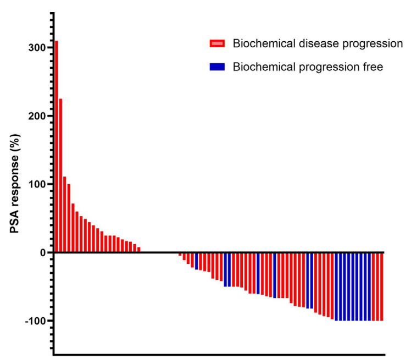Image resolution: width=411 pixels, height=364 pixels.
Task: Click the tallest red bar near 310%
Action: (x=56, y=146)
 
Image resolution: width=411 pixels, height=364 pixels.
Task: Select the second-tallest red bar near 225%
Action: (x=60, y=175)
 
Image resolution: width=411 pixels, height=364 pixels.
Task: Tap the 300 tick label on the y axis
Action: (x=37, y=48)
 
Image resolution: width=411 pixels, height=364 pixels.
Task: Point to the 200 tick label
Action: (x=37, y=116)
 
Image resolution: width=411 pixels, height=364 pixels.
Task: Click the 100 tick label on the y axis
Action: (x=37, y=184)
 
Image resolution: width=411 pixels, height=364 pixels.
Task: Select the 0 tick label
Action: (x=43, y=252)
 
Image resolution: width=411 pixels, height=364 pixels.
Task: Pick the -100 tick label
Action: (x=35, y=321)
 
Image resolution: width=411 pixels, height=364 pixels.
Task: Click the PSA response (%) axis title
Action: (x=15, y=184)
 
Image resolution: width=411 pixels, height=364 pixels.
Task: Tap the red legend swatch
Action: (x=217, y=43)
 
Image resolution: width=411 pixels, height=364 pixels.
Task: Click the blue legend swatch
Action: (x=217, y=67)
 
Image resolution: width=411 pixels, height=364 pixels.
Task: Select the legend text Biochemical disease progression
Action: (x=318, y=43)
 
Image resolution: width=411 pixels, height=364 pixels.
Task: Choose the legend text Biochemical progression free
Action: (x=308, y=67)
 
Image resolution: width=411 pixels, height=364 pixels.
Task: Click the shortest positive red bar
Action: (x=139, y=250)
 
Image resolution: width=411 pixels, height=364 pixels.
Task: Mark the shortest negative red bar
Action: (x=180, y=254)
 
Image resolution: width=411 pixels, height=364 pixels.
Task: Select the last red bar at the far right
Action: (x=382, y=286)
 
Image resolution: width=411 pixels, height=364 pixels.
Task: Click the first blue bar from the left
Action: (x=197, y=261)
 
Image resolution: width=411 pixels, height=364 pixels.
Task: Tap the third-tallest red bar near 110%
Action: (x=65, y=214)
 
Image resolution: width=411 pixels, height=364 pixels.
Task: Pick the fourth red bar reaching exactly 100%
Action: (x=69, y=218)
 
